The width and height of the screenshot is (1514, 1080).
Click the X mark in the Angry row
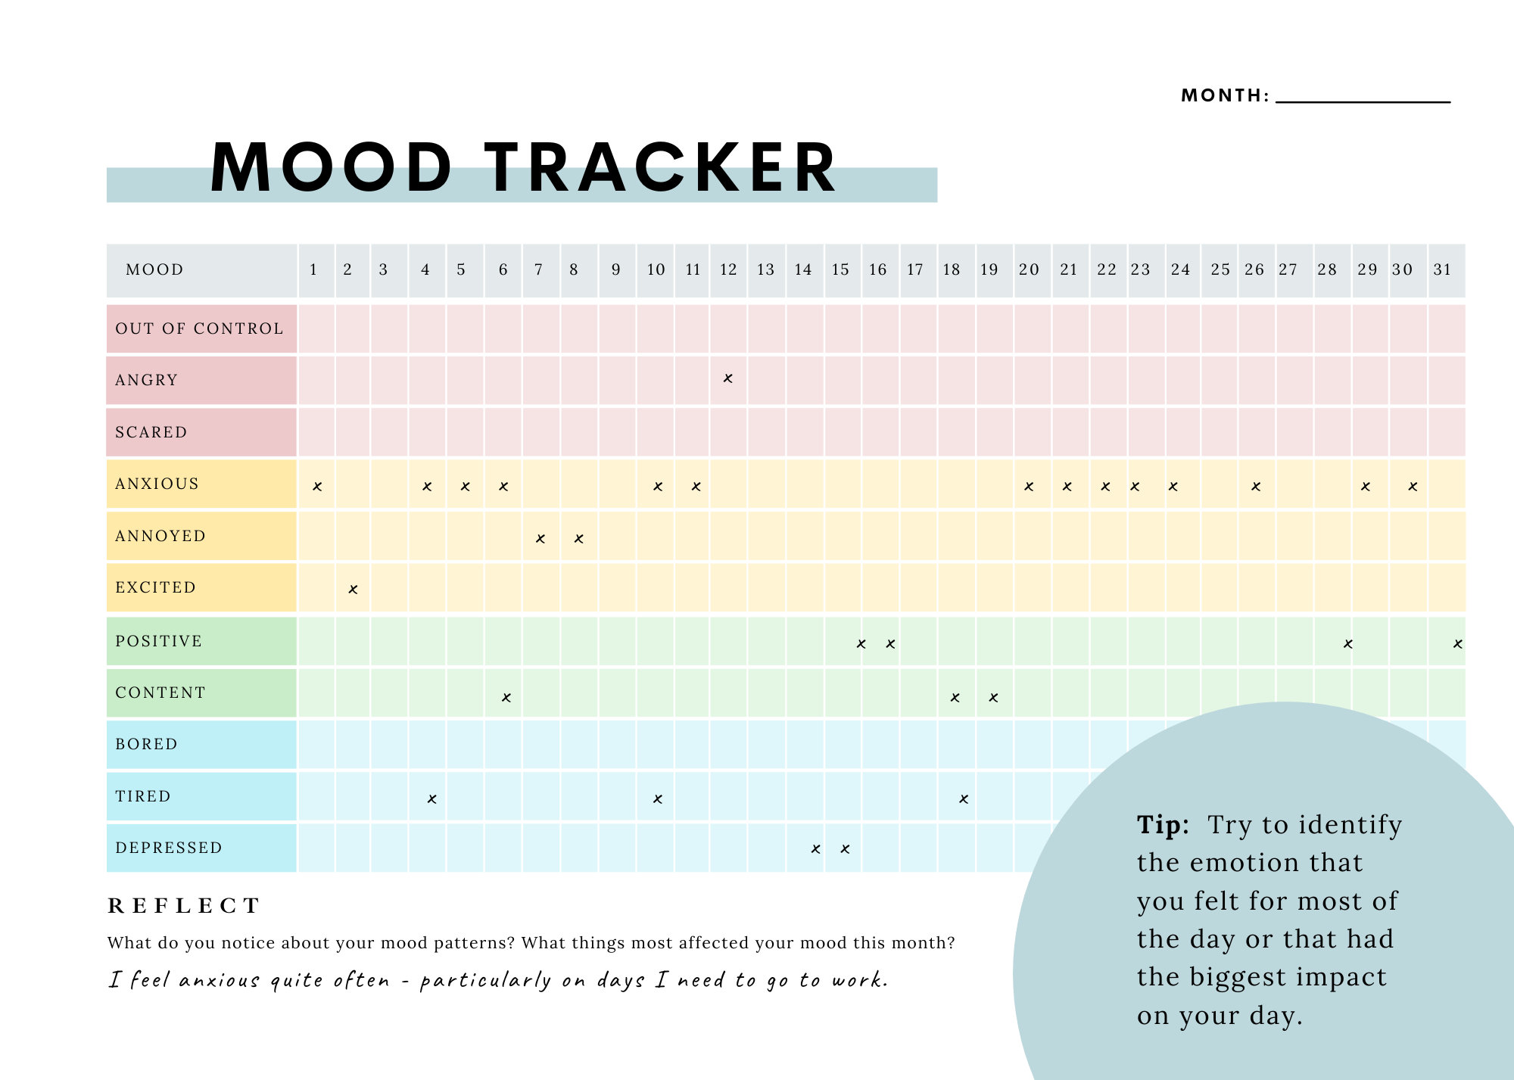coord(727,378)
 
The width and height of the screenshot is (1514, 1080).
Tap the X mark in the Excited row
coord(353,590)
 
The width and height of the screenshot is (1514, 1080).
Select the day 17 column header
coord(914,269)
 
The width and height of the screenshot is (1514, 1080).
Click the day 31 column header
coord(1442,269)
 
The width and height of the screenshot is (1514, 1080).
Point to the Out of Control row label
coord(200,328)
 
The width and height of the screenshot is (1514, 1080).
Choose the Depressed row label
coord(169,848)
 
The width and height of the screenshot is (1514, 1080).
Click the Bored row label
coord(147,744)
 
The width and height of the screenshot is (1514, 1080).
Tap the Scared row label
coord(151,432)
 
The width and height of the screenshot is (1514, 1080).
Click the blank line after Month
coord(1363,98)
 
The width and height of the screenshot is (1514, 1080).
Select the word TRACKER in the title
coord(660,168)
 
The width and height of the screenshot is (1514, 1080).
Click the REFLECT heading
coord(184,905)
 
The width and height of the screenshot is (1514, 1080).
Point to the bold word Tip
coord(1162,824)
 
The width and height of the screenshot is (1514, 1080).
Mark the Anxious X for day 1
coord(317,487)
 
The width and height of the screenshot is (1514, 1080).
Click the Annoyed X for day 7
coord(540,539)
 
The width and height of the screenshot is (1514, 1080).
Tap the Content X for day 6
coord(506,698)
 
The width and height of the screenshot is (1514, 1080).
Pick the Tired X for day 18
coord(964,799)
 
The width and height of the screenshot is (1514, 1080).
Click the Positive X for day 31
coord(1457,644)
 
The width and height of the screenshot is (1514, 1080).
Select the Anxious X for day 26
coord(1256,487)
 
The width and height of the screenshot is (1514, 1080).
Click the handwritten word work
coord(859,981)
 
